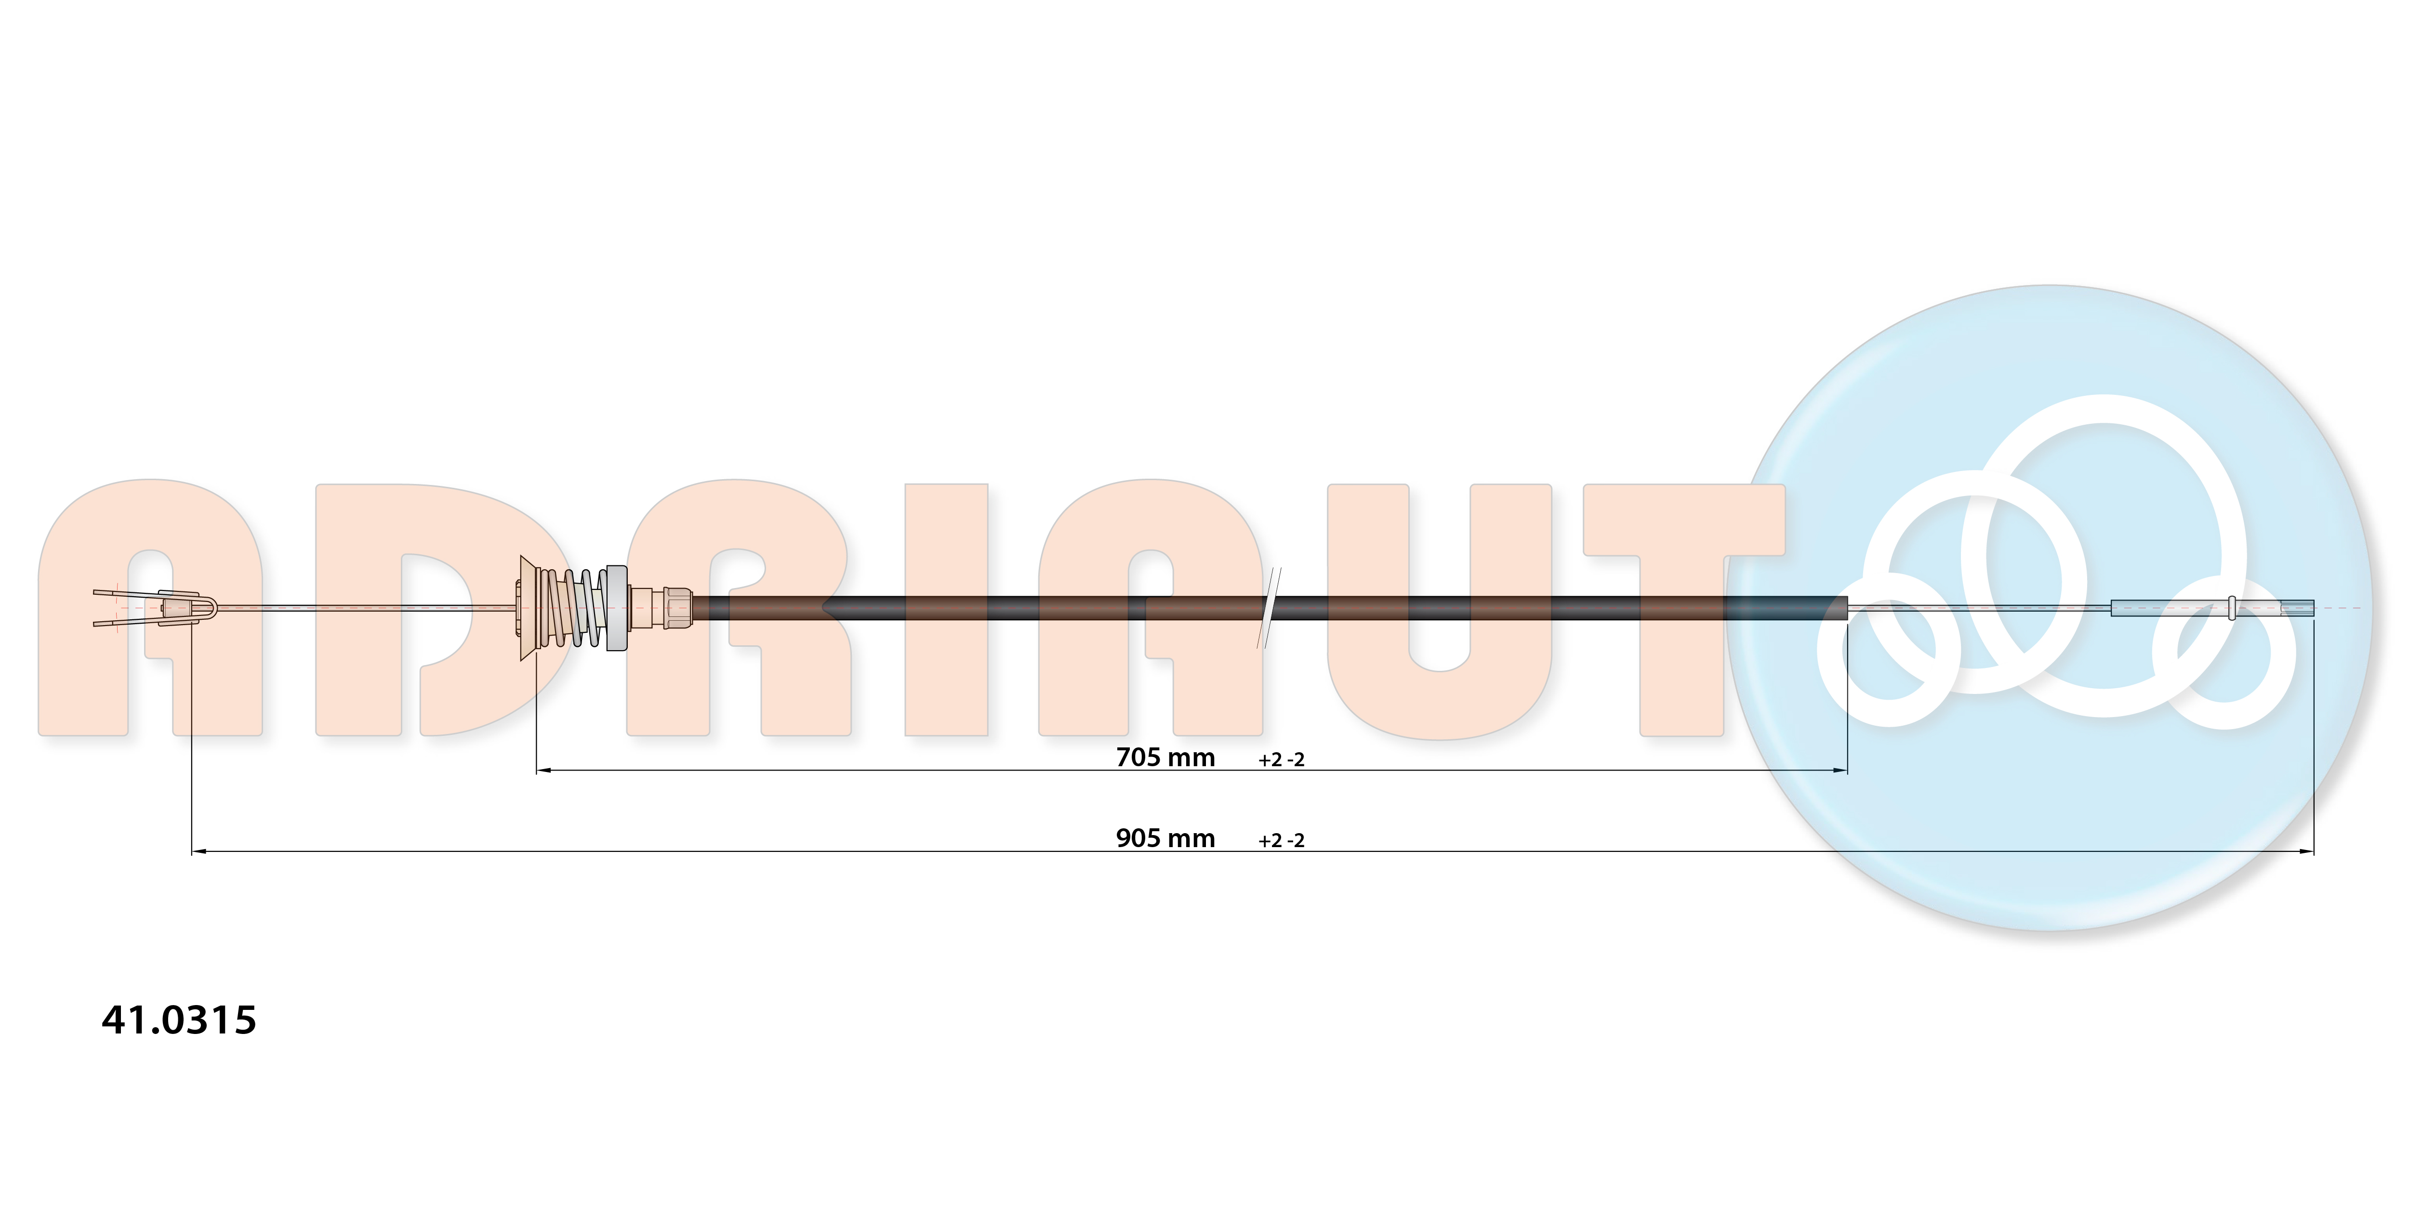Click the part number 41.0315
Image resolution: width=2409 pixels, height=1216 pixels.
point(179,1020)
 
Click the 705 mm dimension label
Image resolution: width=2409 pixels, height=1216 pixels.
point(1165,757)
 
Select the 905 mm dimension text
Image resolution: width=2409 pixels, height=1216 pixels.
point(1165,838)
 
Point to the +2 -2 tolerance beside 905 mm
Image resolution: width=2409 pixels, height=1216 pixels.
point(1281,840)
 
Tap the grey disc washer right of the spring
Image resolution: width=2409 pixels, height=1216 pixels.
point(617,608)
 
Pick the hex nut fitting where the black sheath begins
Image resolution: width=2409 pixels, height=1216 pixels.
point(676,608)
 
